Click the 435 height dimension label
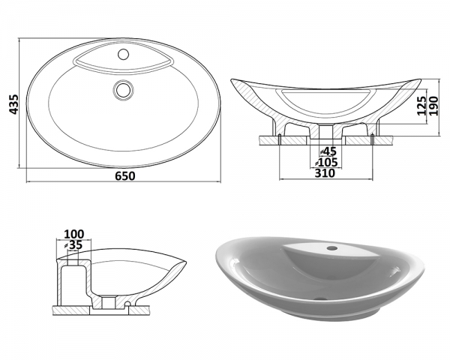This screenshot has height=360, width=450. point(13,104)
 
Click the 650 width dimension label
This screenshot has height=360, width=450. point(125,176)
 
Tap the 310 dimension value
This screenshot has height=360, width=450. point(325,173)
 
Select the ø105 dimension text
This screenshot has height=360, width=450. point(326,163)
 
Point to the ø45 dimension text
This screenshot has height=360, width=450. point(328,151)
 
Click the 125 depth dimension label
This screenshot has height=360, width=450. point(421,106)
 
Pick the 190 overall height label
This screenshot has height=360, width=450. point(433,106)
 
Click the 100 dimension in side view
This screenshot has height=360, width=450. point(74,234)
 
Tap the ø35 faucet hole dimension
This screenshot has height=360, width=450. point(73,245)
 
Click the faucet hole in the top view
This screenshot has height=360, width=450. point(124,54)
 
